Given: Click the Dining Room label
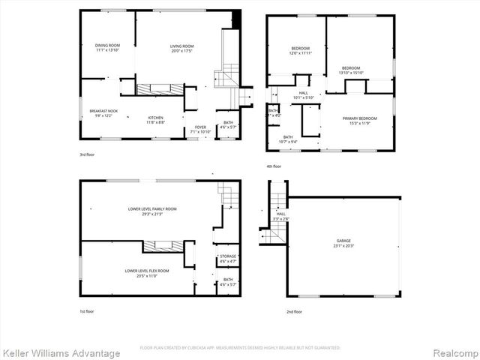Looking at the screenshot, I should point(108,47).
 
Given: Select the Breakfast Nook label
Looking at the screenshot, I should point(103,113).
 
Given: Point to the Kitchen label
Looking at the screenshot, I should point(155,119).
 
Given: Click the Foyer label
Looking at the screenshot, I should point(200,129).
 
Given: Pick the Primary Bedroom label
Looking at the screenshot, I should point(359,121).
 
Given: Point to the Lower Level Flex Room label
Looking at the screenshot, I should point(147,272).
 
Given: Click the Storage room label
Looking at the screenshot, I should point(228,259).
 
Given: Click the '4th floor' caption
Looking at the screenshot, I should point(273,166).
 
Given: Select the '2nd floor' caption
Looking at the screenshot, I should point(294,311).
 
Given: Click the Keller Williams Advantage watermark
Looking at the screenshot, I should point(61,352).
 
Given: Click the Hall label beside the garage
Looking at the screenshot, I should point(280,216).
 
